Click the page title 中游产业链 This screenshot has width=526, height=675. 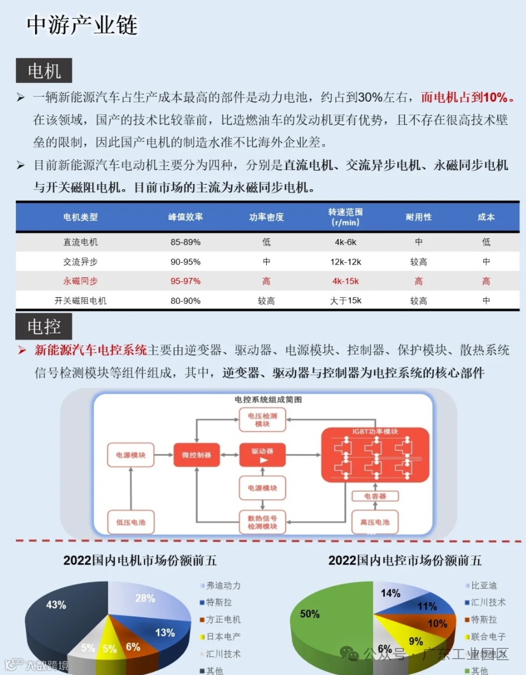pyautogui.click(x=82, y=26)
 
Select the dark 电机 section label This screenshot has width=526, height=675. pyautogui.click(x=44, y=71)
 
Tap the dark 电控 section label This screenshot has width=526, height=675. pyautogui.click(x=44, y=326)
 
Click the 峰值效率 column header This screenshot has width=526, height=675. pyautogui.click(x=185, y=217)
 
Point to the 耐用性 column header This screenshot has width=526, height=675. pyautogui.click(x=418, y=217)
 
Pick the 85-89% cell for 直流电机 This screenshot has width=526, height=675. pyautogui.click(x=185, y=242)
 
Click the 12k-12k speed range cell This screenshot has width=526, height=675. pyautogui.click(x=345, y=262)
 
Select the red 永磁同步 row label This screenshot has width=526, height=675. pyautogui.click(x=80, y=281)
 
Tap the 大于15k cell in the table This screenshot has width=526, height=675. pyautogui.click(x=345, y=301)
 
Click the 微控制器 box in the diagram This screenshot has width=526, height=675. pyautogui.click(x=196, y=455)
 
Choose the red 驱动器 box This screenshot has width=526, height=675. pyautogui.click(x=262, y=455)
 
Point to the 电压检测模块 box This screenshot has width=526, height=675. pyautogui.click(x=262, y=420)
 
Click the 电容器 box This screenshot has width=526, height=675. pyautogui.click(x=375, y=496)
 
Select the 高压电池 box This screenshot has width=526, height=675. pyautogui.click(x=375, y=522)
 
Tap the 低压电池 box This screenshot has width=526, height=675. pyautogui.click(x=131, y=522)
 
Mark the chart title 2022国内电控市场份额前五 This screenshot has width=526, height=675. pyautogui.click(x=405, y=560)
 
